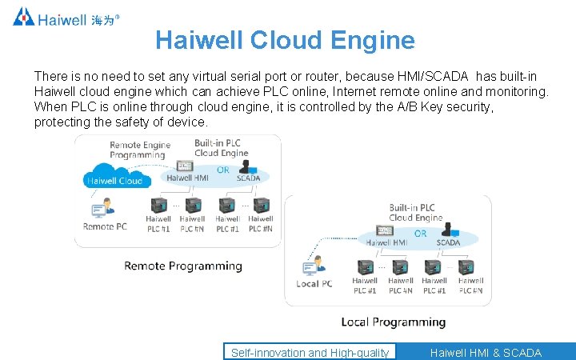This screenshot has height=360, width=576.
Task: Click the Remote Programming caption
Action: [183, 266]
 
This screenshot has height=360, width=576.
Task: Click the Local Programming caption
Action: [393, 322]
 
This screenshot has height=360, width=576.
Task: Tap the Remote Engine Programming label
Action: [140, 150]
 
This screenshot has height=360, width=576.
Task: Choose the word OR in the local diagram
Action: [420, 234]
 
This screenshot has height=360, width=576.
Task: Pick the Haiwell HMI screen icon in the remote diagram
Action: [186, 166]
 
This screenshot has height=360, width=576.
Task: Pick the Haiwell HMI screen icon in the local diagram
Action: [385, 230]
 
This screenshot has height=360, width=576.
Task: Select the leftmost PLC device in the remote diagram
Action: [158, 205]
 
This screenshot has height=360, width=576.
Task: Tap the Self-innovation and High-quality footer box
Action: [310, 352]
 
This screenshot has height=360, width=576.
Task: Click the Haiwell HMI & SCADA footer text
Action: [486, 352]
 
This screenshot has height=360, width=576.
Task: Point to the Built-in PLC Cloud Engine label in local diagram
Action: [415, 212]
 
